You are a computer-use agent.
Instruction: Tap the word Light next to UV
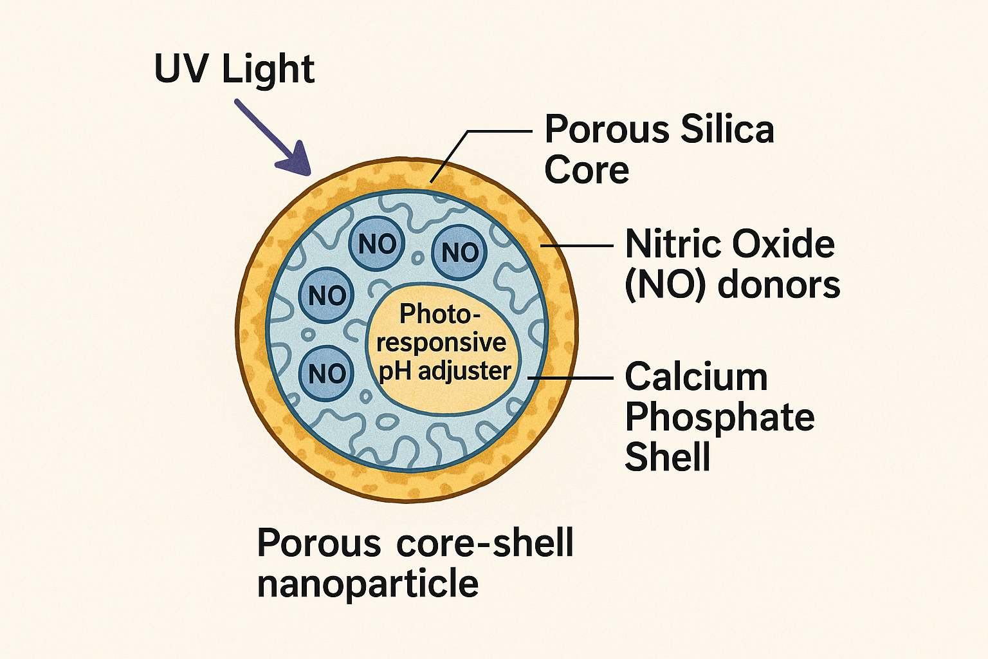268,71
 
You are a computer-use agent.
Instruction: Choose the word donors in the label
779,284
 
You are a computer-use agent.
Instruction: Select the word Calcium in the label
697,376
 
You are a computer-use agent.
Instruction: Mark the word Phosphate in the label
720,418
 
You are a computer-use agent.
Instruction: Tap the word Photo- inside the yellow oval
440,314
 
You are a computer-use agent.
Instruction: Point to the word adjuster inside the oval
464,371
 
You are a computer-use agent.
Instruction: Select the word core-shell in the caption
485,543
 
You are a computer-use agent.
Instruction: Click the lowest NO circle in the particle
326,374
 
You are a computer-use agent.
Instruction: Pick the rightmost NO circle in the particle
459,252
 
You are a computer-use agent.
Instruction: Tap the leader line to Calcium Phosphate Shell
571,378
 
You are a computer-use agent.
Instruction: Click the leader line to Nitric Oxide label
577,245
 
